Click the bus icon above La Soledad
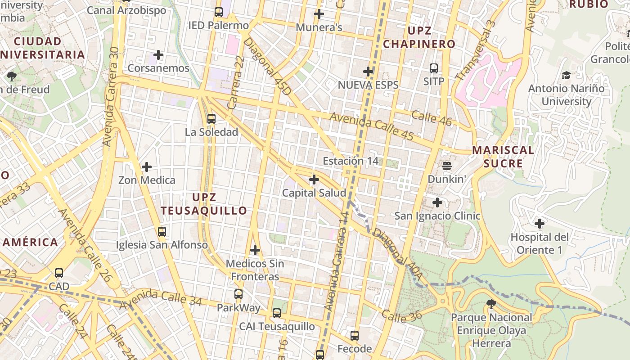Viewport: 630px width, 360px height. coord(211,119)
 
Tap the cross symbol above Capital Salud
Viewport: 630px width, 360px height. coord(314,180)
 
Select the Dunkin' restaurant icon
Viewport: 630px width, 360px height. coord(446,166)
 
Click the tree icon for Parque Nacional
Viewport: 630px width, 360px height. coord(491,304)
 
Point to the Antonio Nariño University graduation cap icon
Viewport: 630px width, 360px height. coord(566,75)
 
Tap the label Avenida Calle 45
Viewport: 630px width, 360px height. coord(372,126)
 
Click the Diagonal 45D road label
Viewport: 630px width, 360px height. coord(267,66)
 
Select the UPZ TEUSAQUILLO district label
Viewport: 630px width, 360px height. coord(204,204)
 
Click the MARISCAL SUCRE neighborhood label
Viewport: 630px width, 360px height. coord(503,157)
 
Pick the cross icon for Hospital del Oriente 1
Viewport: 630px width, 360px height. coord(539,223)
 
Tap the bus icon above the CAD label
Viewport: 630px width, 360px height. coord(59,273)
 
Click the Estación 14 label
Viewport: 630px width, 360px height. coord(351,161)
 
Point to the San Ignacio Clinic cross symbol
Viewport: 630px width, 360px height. coord(437,202)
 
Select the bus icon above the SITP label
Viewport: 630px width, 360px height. coord(434,68)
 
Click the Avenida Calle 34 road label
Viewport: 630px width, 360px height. coord(160,298)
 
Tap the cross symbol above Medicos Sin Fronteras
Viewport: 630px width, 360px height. coord(255,250)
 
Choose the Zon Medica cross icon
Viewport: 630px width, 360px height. coord(147,167)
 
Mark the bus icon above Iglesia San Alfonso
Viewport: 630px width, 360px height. coord(162,232)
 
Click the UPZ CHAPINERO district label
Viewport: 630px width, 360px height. coord(419,37)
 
